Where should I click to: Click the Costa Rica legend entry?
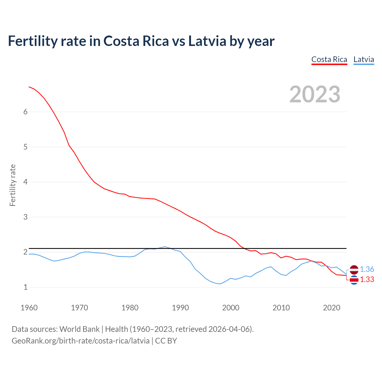[329, 59]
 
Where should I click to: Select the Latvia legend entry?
[363, 59]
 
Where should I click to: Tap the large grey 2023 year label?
[315, 94]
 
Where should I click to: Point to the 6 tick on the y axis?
[25, 112]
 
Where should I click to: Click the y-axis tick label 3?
[25, 217]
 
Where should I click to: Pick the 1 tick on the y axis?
[25, 287]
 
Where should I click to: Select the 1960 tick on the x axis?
[29, 308]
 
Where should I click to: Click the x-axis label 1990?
[180, 308]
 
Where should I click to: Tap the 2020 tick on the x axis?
[332, 308]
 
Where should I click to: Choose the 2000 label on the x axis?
[231, 308]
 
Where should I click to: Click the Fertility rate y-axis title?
[13, 185]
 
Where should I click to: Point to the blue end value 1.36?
[367, 269]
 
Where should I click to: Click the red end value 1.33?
[367, 280]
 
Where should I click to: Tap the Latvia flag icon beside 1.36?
[354, 269]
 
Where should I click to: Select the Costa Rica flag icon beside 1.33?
[354, 280]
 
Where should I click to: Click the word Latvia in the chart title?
[207, 41]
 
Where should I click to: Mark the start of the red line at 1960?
[29, 87]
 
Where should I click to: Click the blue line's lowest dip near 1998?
[220, 284]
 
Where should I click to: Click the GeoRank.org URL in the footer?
[81, 341]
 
